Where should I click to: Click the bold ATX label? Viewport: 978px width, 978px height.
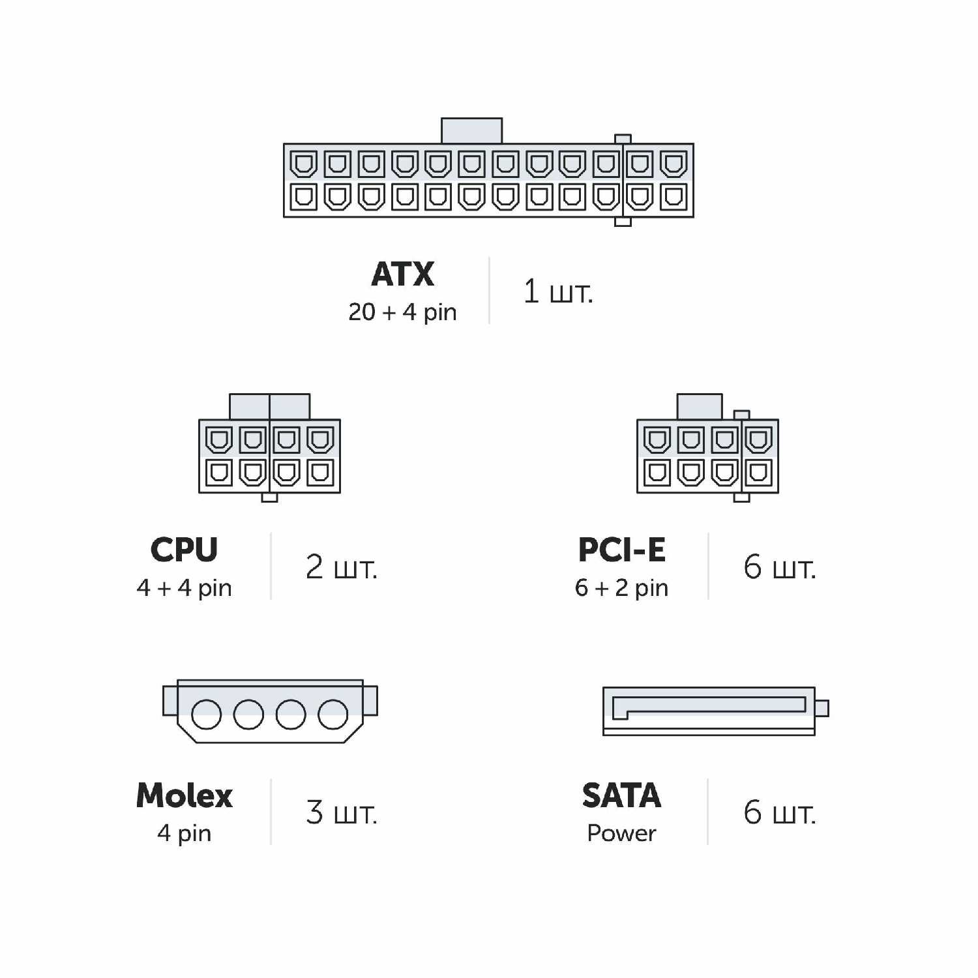point(402,274)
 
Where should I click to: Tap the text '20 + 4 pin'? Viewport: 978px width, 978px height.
point(402,312)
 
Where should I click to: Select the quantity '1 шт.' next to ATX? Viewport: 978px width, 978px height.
point(558,291)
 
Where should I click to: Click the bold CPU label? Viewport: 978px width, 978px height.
point(184,550)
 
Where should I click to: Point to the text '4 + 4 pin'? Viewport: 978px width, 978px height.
point(184,588)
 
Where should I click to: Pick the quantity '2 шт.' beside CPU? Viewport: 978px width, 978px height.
point(341,567)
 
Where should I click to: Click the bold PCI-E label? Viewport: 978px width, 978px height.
point(621,550)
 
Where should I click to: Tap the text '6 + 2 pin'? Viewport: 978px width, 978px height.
point(621,588)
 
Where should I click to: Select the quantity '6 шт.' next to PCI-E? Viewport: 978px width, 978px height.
point(779,567)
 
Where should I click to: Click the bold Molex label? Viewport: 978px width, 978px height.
point(184,796)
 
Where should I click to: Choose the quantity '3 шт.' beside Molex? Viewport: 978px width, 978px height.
point(341,813)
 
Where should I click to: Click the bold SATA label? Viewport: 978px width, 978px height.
point(621,796)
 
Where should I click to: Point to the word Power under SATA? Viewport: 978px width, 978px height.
point(621,833)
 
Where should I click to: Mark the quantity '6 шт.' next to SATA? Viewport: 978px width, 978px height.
point(779,813)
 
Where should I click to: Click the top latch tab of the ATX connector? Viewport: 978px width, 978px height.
point(471,130)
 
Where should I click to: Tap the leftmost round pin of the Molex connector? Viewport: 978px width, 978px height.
point(206,714)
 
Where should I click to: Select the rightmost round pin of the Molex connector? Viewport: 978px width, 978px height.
point(333,714)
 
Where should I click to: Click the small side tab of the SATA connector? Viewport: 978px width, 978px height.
point(822,708)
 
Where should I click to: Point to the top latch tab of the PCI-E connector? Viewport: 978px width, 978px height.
point(700,406)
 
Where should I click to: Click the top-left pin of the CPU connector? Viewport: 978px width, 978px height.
point(218,439)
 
